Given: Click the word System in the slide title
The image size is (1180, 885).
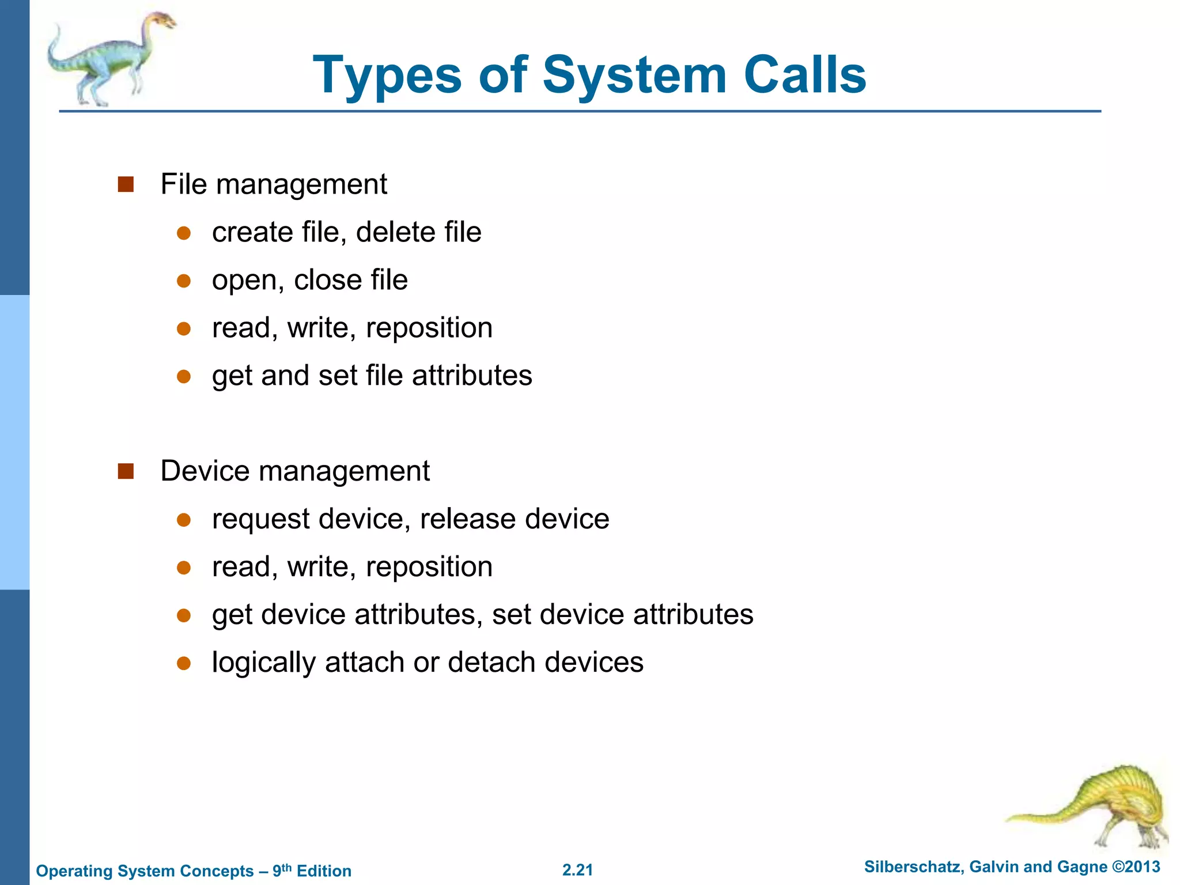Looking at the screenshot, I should [634, 75].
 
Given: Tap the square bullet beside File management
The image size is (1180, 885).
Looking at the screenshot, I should [126, 184].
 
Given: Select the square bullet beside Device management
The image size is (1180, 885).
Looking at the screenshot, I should [126, 471].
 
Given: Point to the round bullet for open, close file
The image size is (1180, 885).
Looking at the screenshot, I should [184, 281].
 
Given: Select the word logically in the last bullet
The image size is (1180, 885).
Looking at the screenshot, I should [263, 663].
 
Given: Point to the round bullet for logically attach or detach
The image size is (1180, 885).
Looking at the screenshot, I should [184, 663].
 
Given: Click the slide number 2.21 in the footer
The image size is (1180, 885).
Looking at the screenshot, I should [577, 870].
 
